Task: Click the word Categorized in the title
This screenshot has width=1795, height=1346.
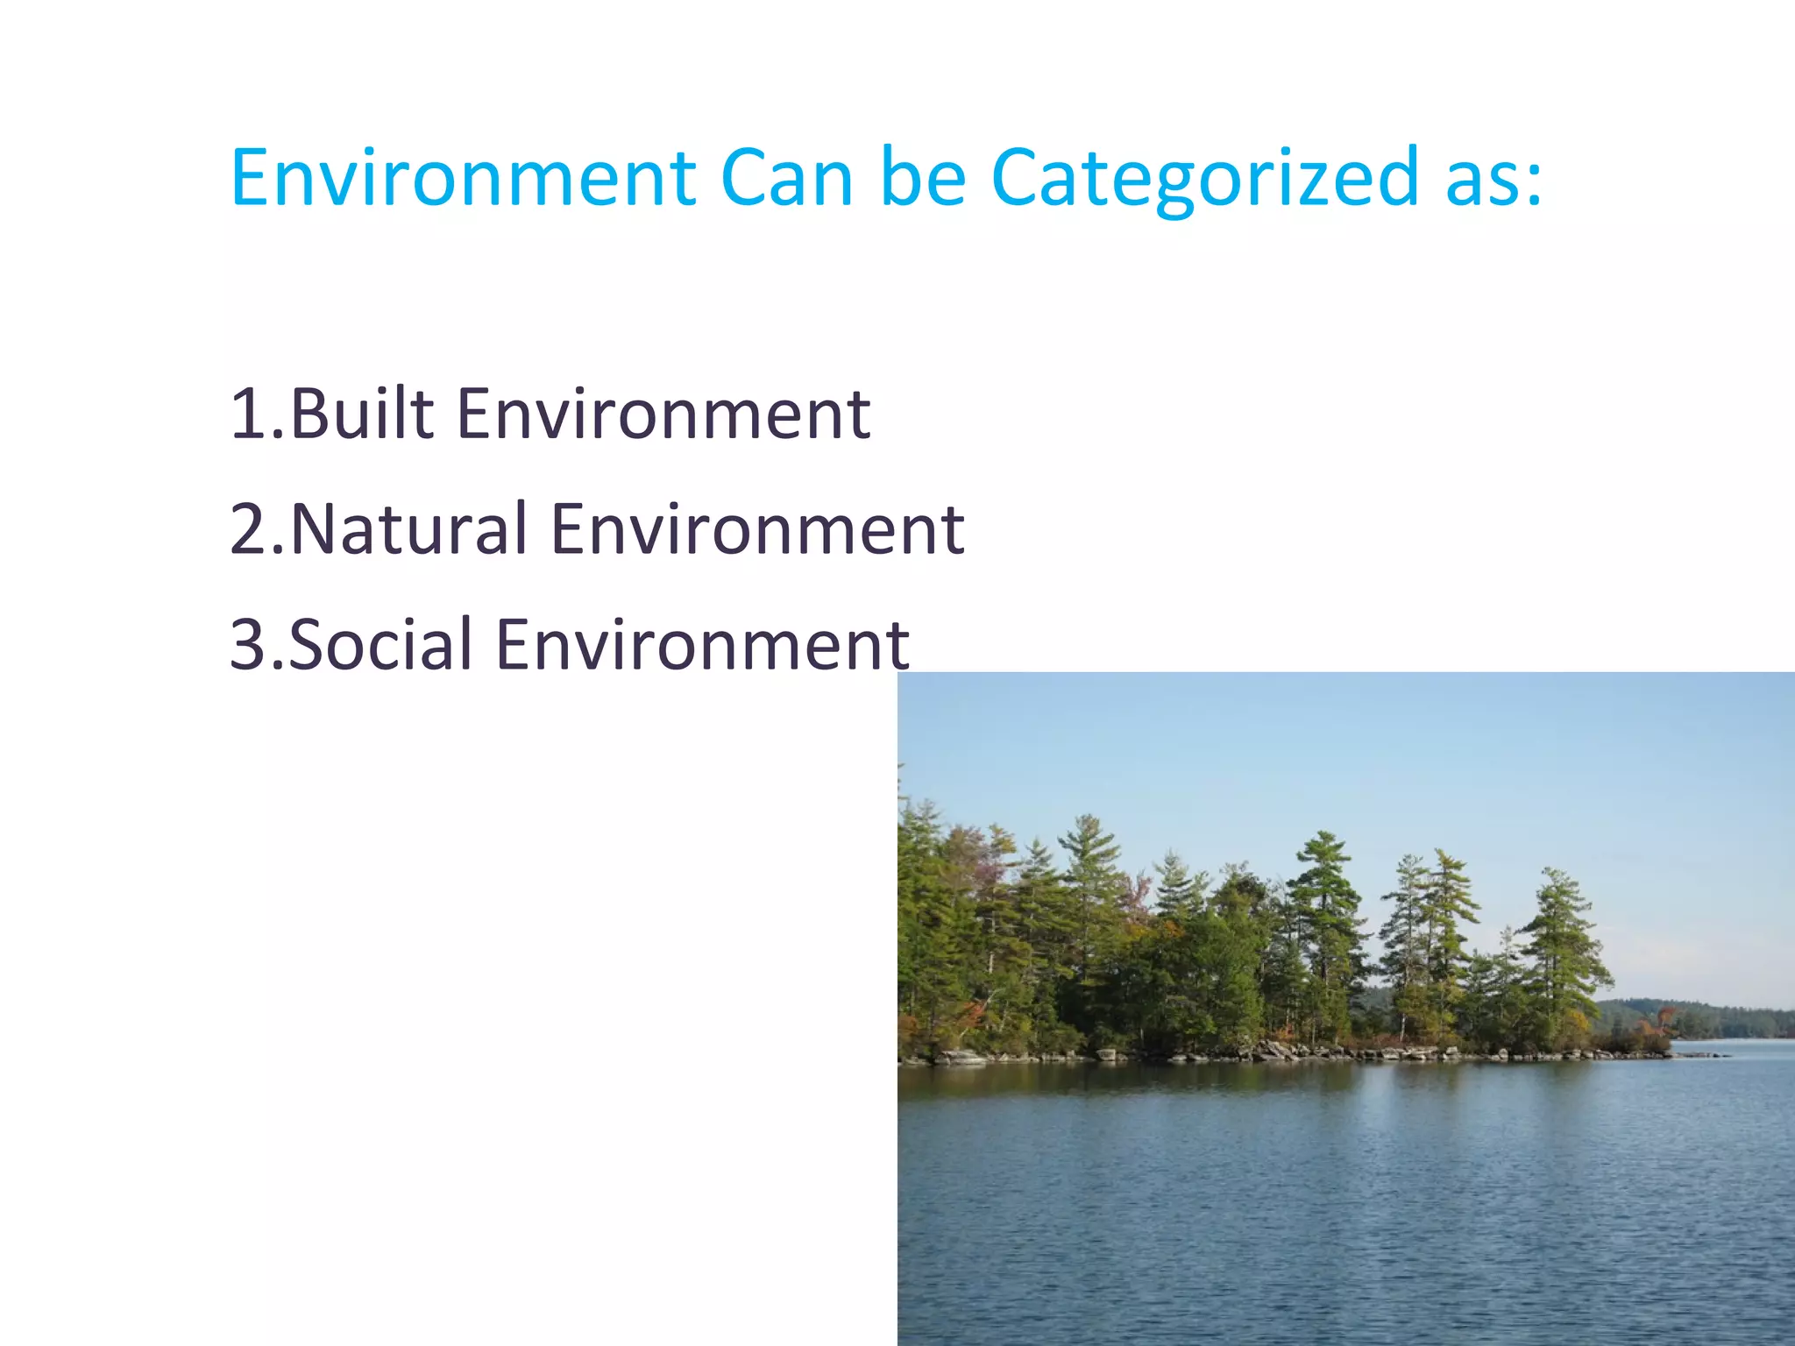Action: click(1203, 180)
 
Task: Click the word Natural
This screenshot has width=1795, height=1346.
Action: click(408, 530)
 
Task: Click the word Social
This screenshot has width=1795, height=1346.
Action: click(380, 646)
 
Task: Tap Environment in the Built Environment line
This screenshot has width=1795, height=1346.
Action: click(663, 414)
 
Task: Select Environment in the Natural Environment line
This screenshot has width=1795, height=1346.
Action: click(757, 530)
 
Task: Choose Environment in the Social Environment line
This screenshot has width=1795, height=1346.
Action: click(702, 646)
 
